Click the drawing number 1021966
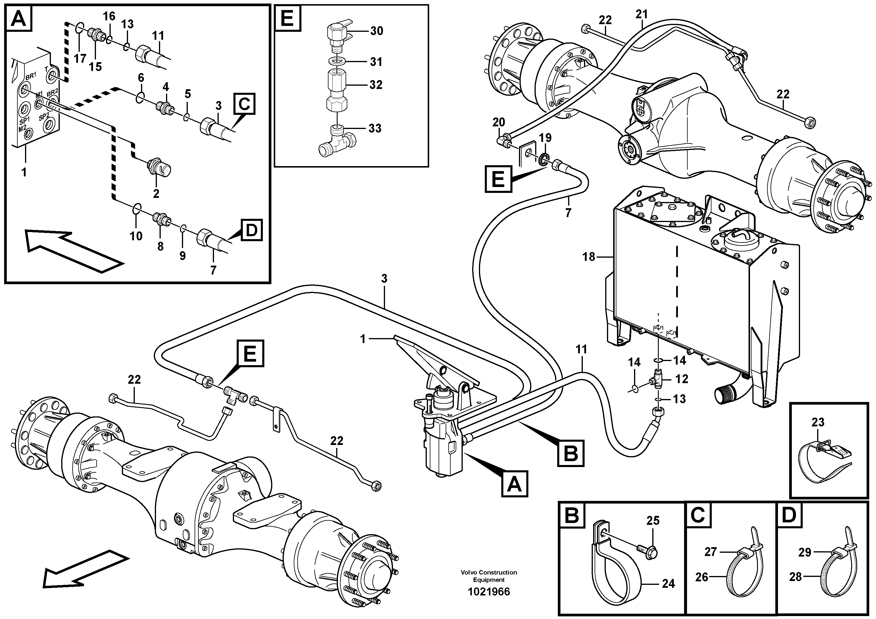coord(489,592)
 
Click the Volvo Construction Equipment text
coord(489,576)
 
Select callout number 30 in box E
coord(376,31)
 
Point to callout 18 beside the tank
coord(589,257)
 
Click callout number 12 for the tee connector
coord(681,379)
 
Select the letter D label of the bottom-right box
coord(789,515)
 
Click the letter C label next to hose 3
coord(245,104)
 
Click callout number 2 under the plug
coord(156,193)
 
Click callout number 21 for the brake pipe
coord(642,14)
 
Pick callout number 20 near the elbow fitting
coord(499,122)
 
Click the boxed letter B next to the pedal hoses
coord(571,454)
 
